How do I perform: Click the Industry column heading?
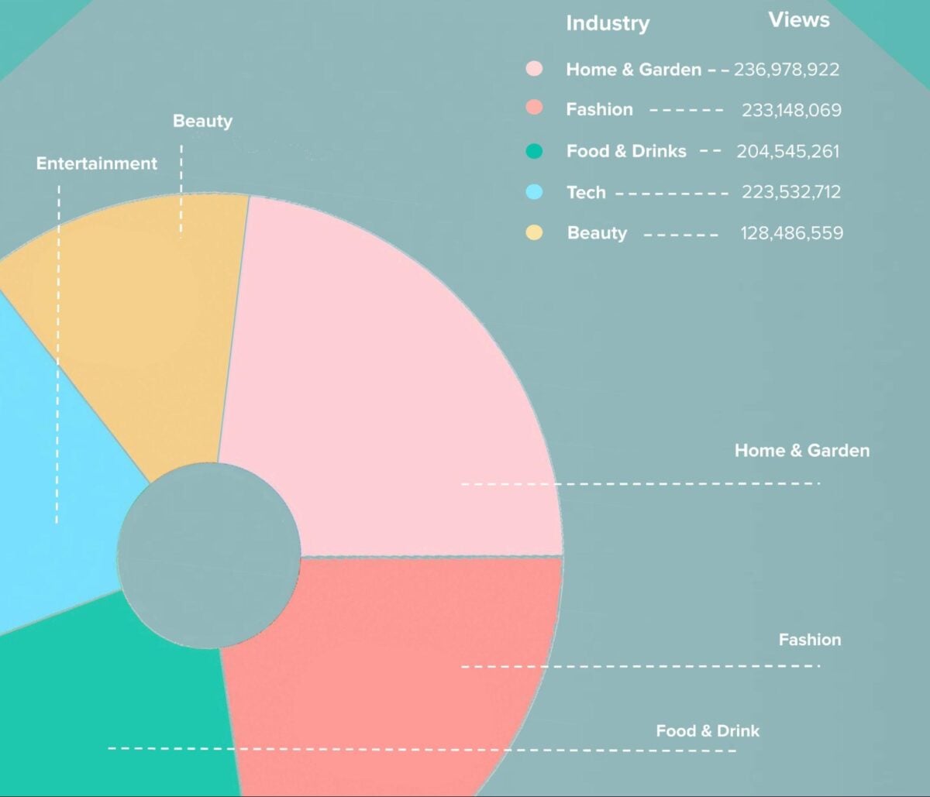coord(607,23)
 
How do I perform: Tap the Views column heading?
coord(798,20)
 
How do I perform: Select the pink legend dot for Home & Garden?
coord(534,69)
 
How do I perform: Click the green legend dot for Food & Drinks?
coord(534,151)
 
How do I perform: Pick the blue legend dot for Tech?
coord(534,192)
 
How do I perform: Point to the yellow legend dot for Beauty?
coord(534,232)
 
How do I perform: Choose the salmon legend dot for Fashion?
coord(534,109)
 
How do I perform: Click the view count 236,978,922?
coord(787,70)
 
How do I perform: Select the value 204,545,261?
coord(788,151)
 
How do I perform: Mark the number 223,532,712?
coord(791,192)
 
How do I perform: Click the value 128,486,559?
coord(791,233)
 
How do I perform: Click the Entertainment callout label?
coord(97,163)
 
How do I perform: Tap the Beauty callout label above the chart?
coord(202,121)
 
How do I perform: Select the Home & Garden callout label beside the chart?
coord(802,451)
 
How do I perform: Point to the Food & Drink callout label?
coord(708,730)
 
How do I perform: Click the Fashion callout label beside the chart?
coord(810,640)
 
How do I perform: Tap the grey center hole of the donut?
coord(209,554)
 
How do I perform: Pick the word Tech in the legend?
coord(586,192)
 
